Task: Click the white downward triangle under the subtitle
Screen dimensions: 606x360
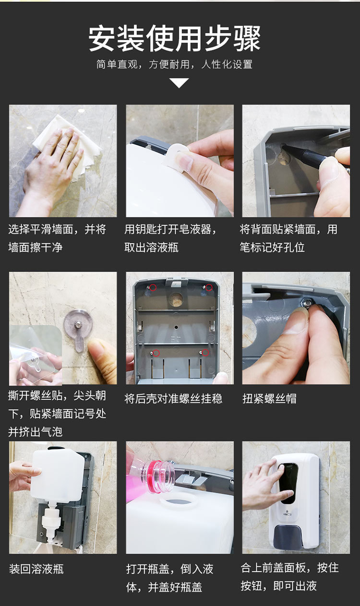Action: point(179,83)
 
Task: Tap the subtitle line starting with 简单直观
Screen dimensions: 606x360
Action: point(175,64)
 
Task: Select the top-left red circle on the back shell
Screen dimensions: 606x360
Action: point(153,287)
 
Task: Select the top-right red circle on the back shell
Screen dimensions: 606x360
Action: point(209,287)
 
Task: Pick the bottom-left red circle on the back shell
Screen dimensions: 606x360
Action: point(156,353)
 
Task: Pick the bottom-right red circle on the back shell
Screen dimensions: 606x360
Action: point(205,353)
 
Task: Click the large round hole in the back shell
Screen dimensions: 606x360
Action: point(176,299)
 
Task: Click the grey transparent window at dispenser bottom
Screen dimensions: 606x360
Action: point(291,537)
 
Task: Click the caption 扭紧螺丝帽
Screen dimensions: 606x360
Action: point(269,399)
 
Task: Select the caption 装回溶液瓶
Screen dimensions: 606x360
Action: point(36,570)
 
